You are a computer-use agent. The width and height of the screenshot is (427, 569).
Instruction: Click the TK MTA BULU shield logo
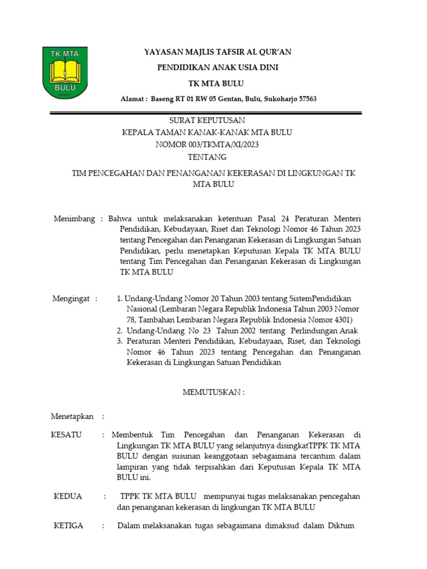click(x=65, y=72)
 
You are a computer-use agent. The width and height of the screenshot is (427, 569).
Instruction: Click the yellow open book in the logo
click(x=65, y=71)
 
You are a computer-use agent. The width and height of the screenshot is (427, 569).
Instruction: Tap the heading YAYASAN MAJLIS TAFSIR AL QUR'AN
click(x=217, y=52)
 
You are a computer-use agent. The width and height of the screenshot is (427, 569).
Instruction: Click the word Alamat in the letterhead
click(x=132, y=99)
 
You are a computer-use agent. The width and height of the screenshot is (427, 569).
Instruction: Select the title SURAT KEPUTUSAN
click(x=207, y=121)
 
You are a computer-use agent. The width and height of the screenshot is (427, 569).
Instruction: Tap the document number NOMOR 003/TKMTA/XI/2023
click(x=207, y=144)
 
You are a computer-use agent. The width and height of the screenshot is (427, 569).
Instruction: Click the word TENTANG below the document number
click(x=207, y=157)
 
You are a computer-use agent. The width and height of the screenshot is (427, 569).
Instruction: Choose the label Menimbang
click(x=74, y=218)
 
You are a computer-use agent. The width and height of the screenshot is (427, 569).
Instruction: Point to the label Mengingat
click(x=71, y=298)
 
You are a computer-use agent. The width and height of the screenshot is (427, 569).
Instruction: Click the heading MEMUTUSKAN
click(x=213, y=392)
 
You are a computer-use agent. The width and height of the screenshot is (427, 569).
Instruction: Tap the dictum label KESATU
click(x=66, y=435)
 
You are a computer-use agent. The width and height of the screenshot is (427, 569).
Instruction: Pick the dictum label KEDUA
click(x=67, y=496)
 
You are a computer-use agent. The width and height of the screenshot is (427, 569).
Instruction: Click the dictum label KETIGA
click(x=68, y=526)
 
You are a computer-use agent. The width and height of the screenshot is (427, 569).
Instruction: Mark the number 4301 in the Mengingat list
click(x=341, y=320)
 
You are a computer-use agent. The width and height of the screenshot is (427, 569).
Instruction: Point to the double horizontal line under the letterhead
click(x=206, y=113)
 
